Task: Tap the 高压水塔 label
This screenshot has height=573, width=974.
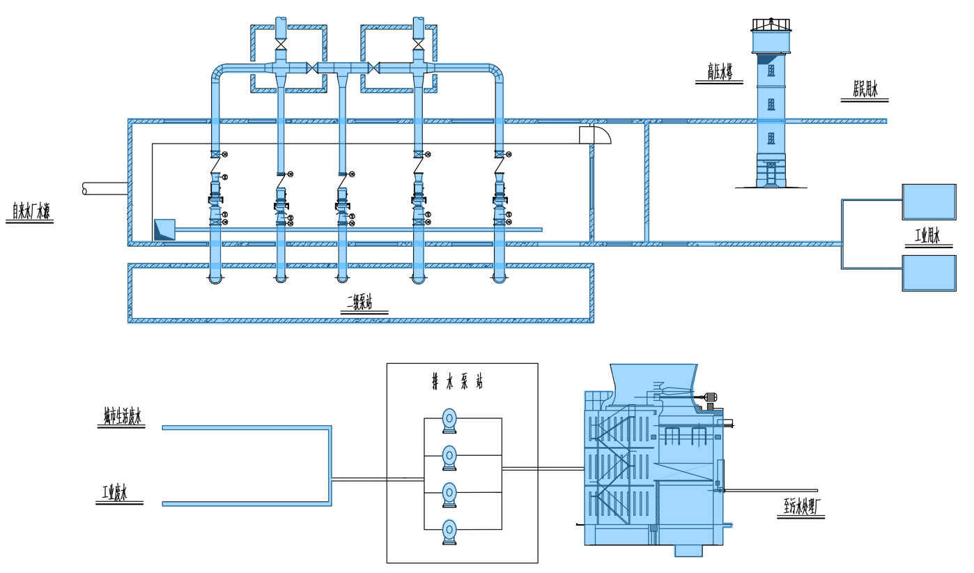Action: [719, 72]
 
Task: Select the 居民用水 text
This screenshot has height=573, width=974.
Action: [865, 90]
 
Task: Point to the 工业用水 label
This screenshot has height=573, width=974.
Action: [927, 237]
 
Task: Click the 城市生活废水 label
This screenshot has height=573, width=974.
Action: [121, 417]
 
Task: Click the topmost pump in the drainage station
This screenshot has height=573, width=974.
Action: [449, 420]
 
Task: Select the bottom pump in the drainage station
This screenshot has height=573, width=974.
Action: [449, 532]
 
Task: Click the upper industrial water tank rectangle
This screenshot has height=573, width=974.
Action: [929, 201]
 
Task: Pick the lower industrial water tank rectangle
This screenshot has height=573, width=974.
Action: [929, 273]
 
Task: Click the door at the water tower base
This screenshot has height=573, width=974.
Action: [771, 174]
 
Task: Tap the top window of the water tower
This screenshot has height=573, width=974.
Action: [771, 70]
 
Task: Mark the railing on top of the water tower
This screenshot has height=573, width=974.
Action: [771, 24]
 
